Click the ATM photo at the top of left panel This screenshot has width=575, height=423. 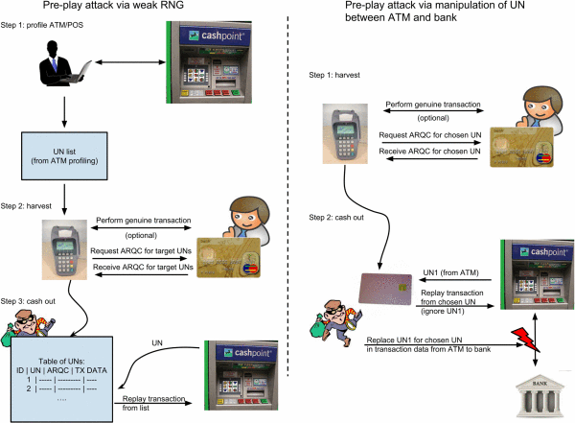tap(216, 61)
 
